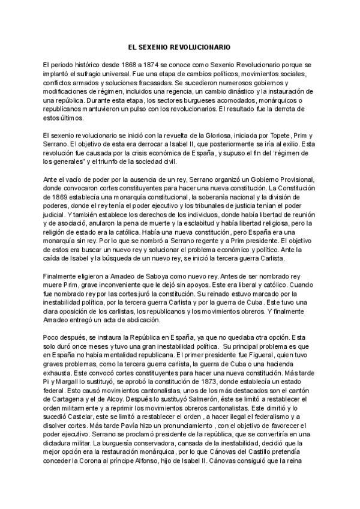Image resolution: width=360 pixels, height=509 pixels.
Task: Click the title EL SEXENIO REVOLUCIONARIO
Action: click(180, 46)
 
